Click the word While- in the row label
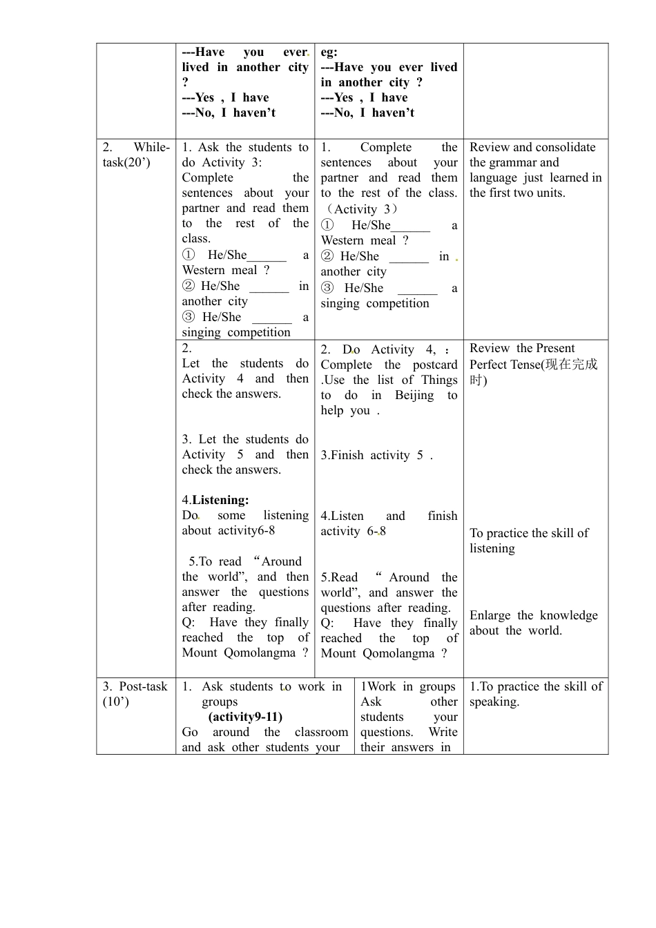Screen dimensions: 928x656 [x=151, y=147]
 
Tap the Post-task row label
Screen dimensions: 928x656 [x=143, y=686]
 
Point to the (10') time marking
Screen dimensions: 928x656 [x=116, y=702]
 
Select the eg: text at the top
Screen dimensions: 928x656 [x=329, y=52]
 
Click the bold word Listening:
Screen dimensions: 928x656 [x=220, y=500]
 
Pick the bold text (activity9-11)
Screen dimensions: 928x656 [x=245, y=717]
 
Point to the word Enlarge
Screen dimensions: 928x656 [x=489, y=615]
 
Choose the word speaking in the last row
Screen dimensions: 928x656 [x=494, y=702]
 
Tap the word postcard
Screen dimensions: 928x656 [x=435, y=365]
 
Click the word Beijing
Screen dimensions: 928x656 [x=414, y=395]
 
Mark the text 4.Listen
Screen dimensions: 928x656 [x=342, y=516]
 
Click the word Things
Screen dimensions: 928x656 [x=439, y=380]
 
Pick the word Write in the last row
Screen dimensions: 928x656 [x=443, y=732]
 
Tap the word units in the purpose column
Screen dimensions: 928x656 [x=550, y=193]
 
